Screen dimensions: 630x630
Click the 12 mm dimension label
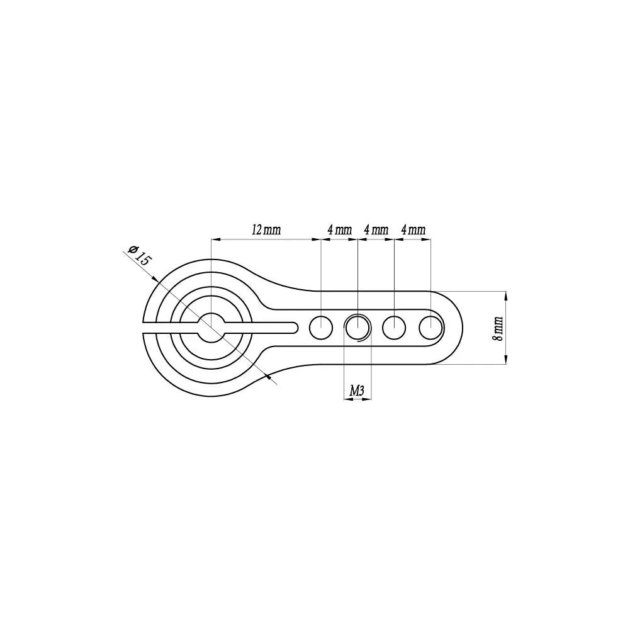click(x=266, y=230)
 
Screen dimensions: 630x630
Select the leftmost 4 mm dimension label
click(x=339, y=230)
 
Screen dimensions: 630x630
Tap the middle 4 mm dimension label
click(x=376, y=230)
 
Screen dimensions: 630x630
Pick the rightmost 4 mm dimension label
click(x=413, y=230)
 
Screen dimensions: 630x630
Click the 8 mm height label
click(x=498, y=328)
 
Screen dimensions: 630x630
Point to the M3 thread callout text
click(x=357, y=391)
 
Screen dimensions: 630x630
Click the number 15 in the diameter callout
click(x=144, y=260)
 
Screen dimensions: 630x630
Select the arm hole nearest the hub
click(x=321, y=327)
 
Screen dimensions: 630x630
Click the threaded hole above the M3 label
click(x=357, y=327)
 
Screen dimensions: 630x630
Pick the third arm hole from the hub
click(x=394, y=327)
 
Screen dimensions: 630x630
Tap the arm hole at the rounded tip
click(x=431, y=327)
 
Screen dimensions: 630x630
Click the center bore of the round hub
click(x=211, y=327)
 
